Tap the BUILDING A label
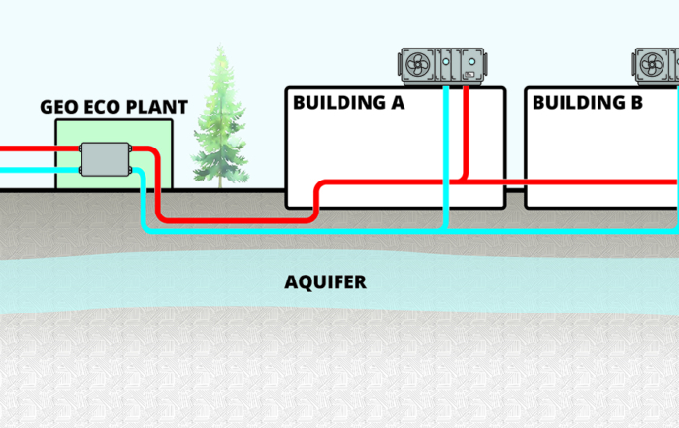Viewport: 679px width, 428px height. point(348,103)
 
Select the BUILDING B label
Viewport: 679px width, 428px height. point(588,103)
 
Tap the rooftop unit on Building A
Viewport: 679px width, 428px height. point(441,65)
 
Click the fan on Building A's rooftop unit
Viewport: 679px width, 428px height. point(418,65)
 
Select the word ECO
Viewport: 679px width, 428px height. point(98,107)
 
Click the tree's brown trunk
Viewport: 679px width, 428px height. point(221,181)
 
